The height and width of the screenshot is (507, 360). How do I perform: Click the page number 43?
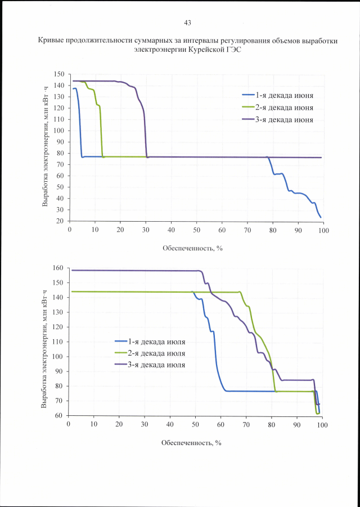187,23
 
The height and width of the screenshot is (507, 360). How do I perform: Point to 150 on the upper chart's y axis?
59,74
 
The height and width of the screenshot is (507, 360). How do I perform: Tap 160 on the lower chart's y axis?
57,268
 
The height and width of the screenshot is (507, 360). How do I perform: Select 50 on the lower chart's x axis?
195,424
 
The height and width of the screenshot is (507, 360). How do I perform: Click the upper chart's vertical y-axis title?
45,147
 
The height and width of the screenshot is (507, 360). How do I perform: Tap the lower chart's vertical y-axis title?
44,342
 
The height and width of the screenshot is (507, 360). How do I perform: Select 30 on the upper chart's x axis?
146,230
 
